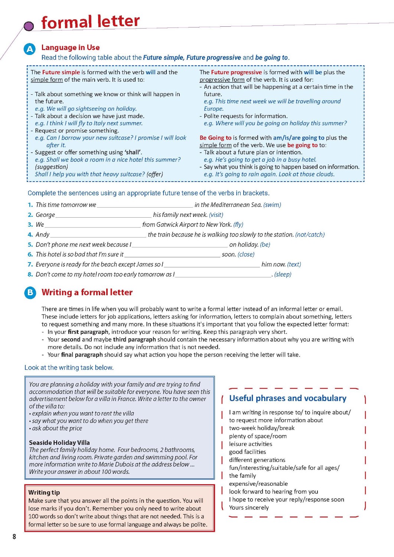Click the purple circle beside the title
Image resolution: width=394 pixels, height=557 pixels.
[29, 26]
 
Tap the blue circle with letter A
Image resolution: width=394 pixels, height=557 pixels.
[30, 49]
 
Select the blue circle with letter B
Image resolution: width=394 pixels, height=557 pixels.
[30, 293]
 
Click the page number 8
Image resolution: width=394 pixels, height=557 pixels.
[14, 536]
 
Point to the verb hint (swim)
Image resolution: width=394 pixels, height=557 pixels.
[272, 205]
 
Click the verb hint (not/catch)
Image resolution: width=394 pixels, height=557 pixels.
[310, 235]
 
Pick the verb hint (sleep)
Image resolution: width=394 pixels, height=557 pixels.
[283, 274]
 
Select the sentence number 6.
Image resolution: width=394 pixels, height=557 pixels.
[30, 254]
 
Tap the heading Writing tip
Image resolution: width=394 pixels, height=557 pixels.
[44, 492]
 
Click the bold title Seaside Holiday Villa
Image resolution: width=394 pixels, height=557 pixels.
[59, 443]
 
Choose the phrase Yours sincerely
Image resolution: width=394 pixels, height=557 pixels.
[249, 508]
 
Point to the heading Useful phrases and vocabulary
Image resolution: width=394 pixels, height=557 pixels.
[287, 398]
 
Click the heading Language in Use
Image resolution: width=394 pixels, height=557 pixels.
[71, 48]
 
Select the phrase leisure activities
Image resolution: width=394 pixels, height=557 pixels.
[250, 444]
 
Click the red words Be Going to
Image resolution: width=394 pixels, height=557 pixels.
[215, 138]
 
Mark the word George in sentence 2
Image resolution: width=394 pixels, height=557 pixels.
[45, 215]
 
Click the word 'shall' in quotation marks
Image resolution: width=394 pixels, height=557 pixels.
[133, 152]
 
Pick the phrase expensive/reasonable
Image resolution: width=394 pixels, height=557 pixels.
[258, 483]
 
